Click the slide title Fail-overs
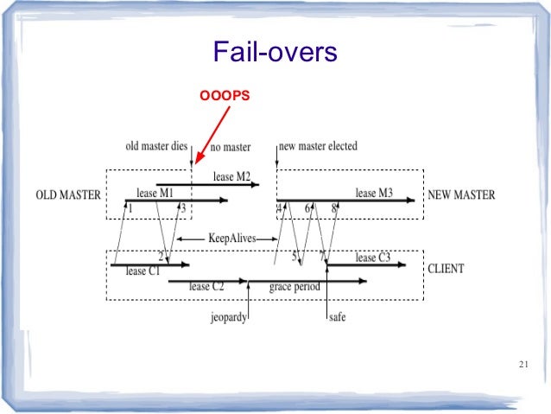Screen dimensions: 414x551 [x=275, y=54]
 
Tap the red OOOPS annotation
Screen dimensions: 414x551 [x=225, y=96]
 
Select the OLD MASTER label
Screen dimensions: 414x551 [x=67, y=195]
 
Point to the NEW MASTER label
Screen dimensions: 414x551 [x=462, y=195]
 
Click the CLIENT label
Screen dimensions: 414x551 [x=446, y=269]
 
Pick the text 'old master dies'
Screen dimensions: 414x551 [x=156, y=146]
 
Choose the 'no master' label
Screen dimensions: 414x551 [x=231, y=147]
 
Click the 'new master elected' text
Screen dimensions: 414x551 [x=320, y=146]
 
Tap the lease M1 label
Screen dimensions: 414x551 [x=155, y=192]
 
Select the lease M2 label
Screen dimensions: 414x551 [x=232, y=177]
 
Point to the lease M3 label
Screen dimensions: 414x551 [x=374, y=193]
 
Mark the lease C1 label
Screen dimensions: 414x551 [x=142, y=271]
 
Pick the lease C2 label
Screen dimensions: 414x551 [x=206, y=286]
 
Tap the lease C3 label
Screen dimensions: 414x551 [x=373, y=258]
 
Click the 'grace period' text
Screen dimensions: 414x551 [x=294, y=286]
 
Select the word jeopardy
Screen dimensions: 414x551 [x=229, y=317]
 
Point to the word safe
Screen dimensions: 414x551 [x=338, y=317]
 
